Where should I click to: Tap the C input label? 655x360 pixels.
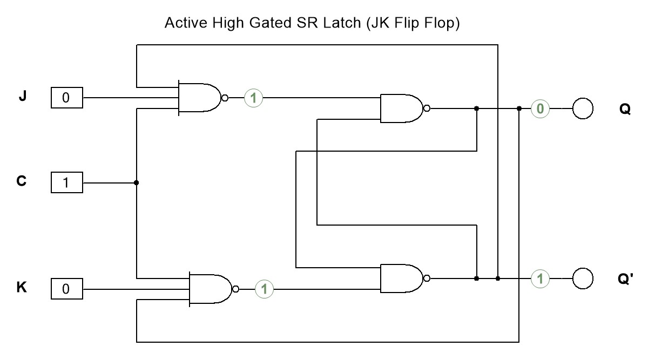(x=22, y=181)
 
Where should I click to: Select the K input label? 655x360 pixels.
(x=22, y=287)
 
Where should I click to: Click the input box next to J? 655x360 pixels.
(x=66, y=98)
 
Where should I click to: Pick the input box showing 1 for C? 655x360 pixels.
(x=66, y=183)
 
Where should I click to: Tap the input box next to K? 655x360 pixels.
(x=66, y=289)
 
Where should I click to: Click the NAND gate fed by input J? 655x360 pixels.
(x=199, y=98)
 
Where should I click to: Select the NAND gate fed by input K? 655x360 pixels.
(x=210, y=289)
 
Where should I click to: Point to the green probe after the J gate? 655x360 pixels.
(x=253, y=98)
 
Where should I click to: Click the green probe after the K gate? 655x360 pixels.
(x=264, y=289)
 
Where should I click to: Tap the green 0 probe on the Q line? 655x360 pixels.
(x=539, y=109)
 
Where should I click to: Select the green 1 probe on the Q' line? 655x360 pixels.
(x=539, y=279)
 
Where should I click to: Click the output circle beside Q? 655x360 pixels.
(x=582, y=108)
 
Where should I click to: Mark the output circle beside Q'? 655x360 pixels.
(x=582, y=279)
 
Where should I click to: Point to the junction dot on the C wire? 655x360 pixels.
(x=136, y=183)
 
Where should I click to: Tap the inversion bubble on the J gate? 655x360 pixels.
(x=225, y=98)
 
